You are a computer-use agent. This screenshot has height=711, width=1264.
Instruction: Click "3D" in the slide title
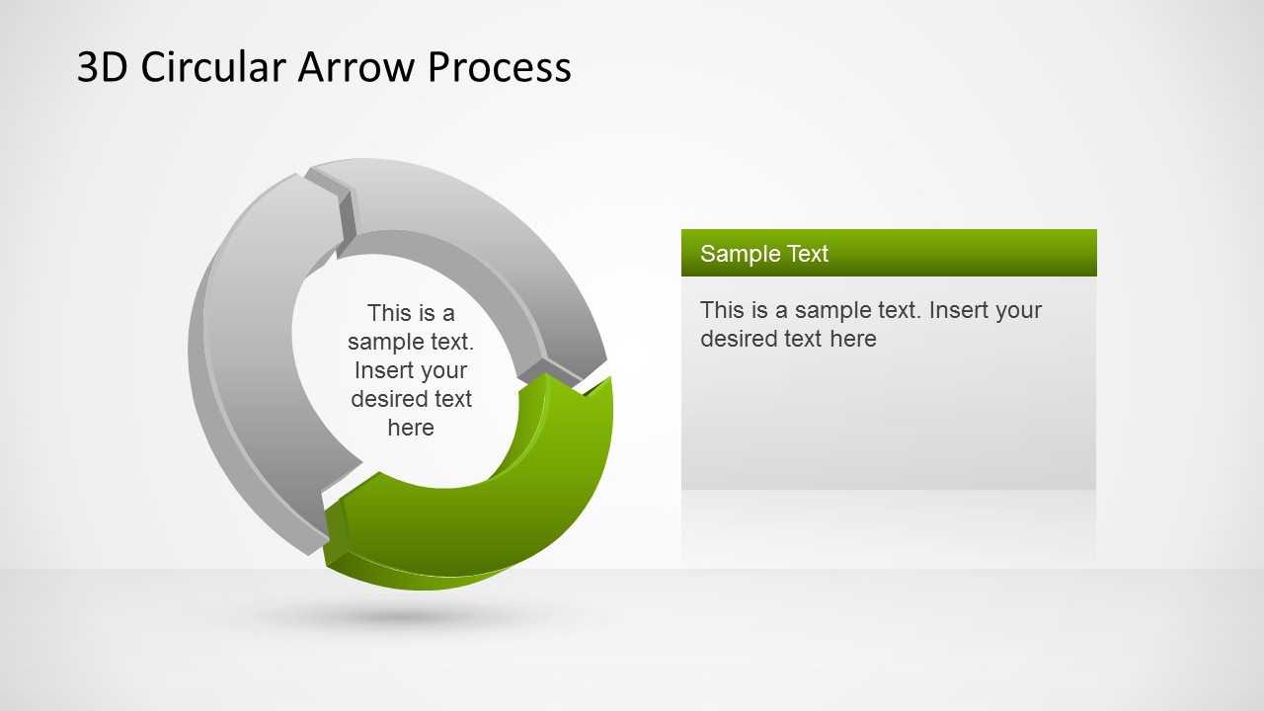pyautogui.click(x=102, y=67)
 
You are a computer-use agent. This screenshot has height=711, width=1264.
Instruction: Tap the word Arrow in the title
pyautogui.click(x=356, y=67)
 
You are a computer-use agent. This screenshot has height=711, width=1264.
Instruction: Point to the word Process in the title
pyautogui.click(x=500, y=67)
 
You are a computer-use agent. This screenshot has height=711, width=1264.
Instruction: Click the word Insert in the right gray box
pyautogui.click(x=959, y=310)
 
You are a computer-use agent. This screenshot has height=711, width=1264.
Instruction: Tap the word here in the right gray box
pyautogui.click(x=853, y=339)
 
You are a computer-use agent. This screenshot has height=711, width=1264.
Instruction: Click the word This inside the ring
pyautogui.click(x=388, y=313)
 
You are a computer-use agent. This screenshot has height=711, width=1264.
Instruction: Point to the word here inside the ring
pyautogui.click(x=411, y=428)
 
